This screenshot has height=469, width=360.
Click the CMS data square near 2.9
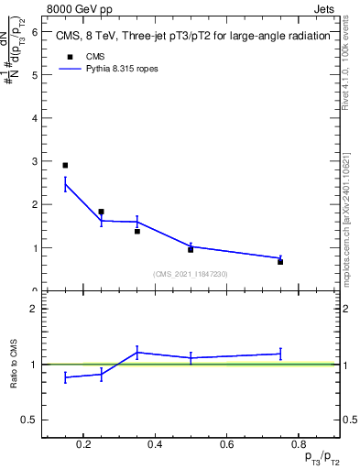pos(65,166)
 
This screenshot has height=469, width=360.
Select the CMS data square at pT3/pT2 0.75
pos(280,262)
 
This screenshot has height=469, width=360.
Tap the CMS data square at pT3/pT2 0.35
pos(137,231)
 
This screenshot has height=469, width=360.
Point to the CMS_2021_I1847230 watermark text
pos(191,274)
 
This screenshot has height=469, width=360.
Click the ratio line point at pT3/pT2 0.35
pos(137,353)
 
